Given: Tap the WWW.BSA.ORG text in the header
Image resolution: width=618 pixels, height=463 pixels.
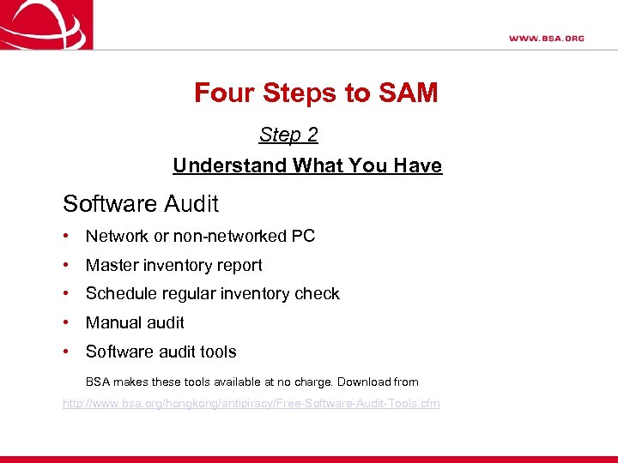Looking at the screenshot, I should pos(546,39).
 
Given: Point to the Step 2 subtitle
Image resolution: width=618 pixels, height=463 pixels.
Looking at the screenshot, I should pos(288,135).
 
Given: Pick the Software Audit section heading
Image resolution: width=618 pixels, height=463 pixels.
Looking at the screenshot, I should pos(141,204).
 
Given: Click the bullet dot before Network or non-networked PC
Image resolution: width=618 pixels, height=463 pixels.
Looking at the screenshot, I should pos(66,237).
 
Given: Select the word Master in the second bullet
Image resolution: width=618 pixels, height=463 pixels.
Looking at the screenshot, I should pos(110,266).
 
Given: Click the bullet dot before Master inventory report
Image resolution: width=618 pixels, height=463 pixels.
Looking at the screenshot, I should pos(66,266).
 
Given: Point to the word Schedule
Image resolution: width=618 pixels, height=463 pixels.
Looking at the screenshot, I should pos(118,294).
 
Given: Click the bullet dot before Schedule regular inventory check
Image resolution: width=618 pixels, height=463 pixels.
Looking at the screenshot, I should pos(66,294).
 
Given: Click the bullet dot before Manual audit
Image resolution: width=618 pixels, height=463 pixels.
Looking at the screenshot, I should pos(66,323).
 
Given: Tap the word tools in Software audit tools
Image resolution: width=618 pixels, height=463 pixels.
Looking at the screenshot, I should pos(218,352).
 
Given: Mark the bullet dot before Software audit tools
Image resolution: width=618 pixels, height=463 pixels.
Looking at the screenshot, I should pos(66,352).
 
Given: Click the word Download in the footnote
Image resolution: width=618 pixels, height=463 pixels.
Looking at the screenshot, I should pos(360,382).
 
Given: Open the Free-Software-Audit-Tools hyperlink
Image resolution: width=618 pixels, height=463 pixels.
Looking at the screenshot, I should pos(251,403).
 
